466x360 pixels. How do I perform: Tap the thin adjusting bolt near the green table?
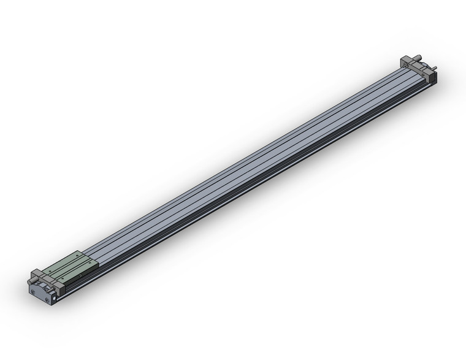point(50,289)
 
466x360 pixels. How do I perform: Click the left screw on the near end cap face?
point(33,291)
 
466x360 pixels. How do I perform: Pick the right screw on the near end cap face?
point(47,300)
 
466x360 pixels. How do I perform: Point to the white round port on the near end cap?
point(55,298)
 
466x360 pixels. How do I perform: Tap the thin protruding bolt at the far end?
point(434,67)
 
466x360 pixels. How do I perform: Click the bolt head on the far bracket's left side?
point(405,64)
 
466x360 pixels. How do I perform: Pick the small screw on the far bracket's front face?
point(422,75)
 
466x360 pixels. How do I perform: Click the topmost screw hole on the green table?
point(77,255)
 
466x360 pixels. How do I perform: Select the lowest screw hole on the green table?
point(63,278)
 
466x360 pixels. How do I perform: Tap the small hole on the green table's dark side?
point(80,275)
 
